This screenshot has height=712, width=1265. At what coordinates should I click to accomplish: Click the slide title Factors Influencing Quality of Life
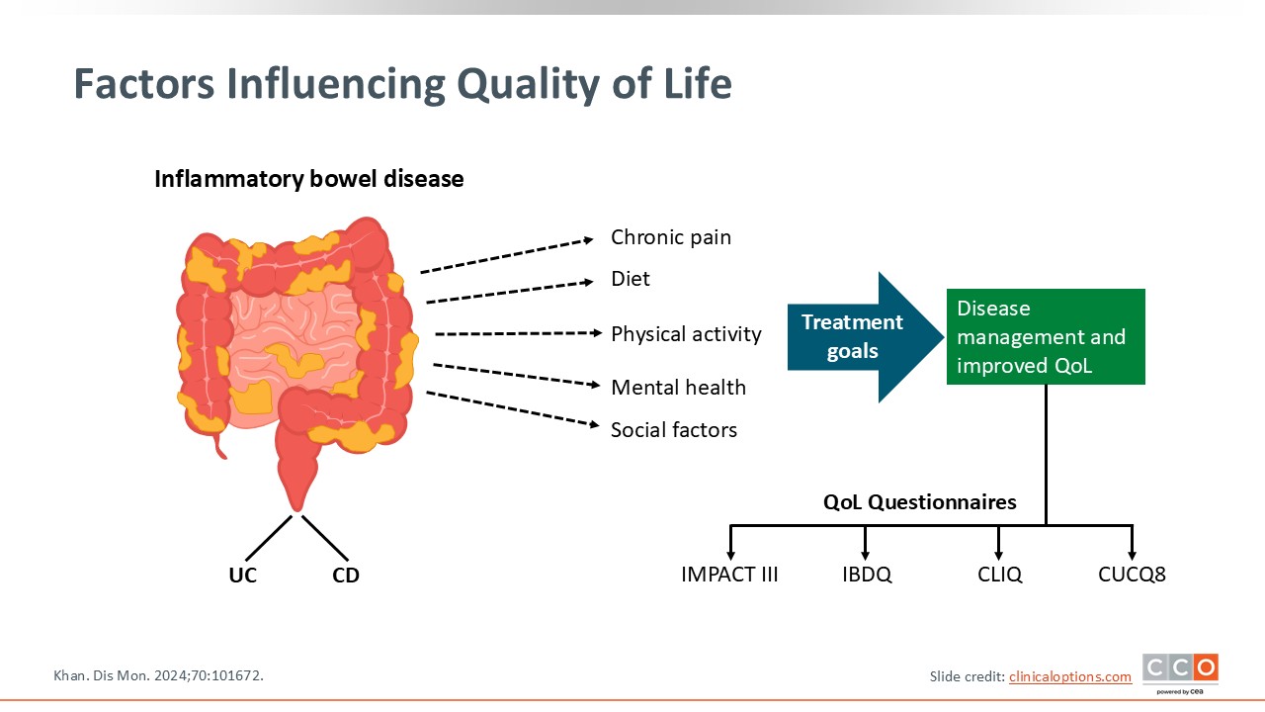pyautogui.click(x=402, y=85)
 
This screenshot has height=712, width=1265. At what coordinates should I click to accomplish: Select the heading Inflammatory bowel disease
pyautogui.click(x=308, y=179)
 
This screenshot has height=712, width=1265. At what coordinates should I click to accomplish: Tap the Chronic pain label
pyautogui.click(x=670, y=237)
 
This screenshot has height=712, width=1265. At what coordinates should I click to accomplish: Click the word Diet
pyautogui.click(x=631, y=279)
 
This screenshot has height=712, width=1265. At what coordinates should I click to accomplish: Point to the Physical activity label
pyautogui.click(x=686, y=334)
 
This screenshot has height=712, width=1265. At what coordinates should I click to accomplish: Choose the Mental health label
pyautogui.click(x=678, y=388)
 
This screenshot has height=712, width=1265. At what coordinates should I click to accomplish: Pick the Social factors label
pyautogui.click(x=674, y=429)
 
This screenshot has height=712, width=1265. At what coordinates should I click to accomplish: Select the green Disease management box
pyautogui.click(x=1046, y=336)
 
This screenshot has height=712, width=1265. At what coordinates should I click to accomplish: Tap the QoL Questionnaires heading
pyautogui.click(x=919, y=502)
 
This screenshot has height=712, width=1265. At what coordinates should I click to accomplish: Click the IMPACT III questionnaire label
pyautogui.click(x=729, y=575)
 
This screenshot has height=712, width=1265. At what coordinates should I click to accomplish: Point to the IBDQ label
pyautogui.click(x=866, y=575)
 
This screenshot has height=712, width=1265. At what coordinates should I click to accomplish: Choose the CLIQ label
pyautogui.click(x=998, y=575)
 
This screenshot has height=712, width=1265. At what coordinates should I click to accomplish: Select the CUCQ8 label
pyautogui.click(x=1132, y=575)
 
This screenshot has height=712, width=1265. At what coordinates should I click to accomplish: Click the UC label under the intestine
pyautogui.click(x=242, y=576)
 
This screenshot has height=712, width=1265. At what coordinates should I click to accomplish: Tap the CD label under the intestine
pyautogui.click(x=346, y=576)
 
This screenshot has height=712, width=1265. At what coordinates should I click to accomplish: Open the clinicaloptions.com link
pyautogui.click(x=1070, y=676)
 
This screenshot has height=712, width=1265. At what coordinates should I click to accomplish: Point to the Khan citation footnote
pyautogui.click(x=158, y=675)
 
